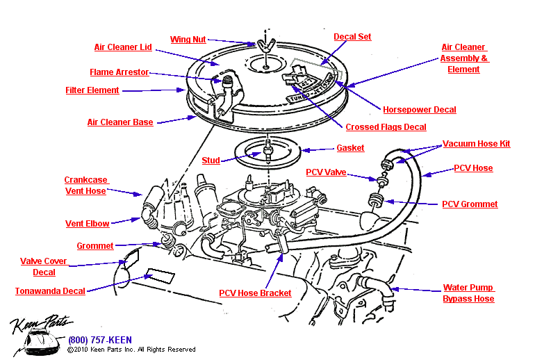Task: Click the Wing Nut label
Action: click(x=188, y=40)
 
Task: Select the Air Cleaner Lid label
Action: click(x=122, y=48)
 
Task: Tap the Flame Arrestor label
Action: click(x=119, y=72)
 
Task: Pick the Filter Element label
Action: click(x=92, y=90)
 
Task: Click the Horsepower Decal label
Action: click(x=419, y=110)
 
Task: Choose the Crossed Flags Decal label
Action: click(x=386, y=127)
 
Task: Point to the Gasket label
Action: click(x=350, y=148)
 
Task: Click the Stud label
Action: click(x=211, y=161)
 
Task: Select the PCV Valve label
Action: click(x=326, y=172)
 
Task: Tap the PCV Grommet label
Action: click(x=470, y=204)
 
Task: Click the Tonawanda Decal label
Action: click(x=50, y=291)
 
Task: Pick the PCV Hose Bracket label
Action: click(x=255, y=293)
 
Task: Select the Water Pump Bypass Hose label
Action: click(x=468, y=293)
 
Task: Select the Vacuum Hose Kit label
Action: click(x=476, y=144)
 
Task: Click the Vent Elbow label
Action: click(x=87, y=223)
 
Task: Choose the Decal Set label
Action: click(x=352, y=37)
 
